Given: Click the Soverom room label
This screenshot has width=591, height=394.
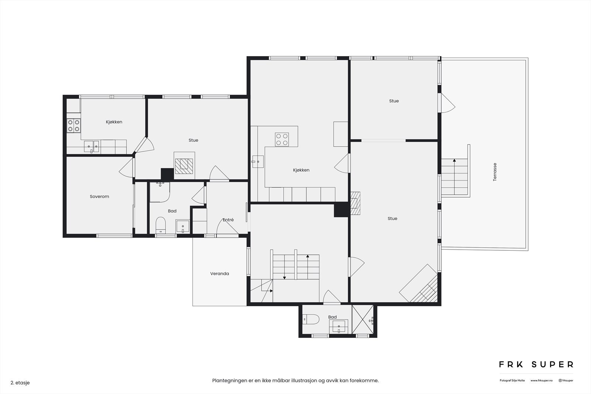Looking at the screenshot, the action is pyautogui.click(x=99, y=196).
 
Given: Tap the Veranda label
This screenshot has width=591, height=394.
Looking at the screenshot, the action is pyautogui.click(x=219, y=274).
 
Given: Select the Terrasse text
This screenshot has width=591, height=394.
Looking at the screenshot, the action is pyautogui.click(x=495, y=172).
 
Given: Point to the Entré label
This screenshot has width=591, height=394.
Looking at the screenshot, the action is pyautogui.click(x=228, y=220).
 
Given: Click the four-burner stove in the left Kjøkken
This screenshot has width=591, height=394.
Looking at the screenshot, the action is pyautogui.click(x=74, y=126).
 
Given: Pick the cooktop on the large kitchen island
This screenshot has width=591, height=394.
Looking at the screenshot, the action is pyautogui.click(x=282, y=139).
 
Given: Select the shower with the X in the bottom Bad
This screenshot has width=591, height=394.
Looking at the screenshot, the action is pyautogui.click(x=363, y=319).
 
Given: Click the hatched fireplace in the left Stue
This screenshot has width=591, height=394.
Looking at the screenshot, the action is pyautogui.click(x=184, y=166).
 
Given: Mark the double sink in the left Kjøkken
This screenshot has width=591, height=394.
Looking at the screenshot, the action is pyautogui.click(x=92, y=146).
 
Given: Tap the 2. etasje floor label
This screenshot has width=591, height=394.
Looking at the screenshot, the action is pyautogui.click(x=20, y=383).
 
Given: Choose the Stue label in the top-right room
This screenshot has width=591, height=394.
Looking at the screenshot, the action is pyautogui.click(x=394, y=101).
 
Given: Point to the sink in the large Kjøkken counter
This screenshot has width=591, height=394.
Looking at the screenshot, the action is pyautogui.click(x=258, y=161).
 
